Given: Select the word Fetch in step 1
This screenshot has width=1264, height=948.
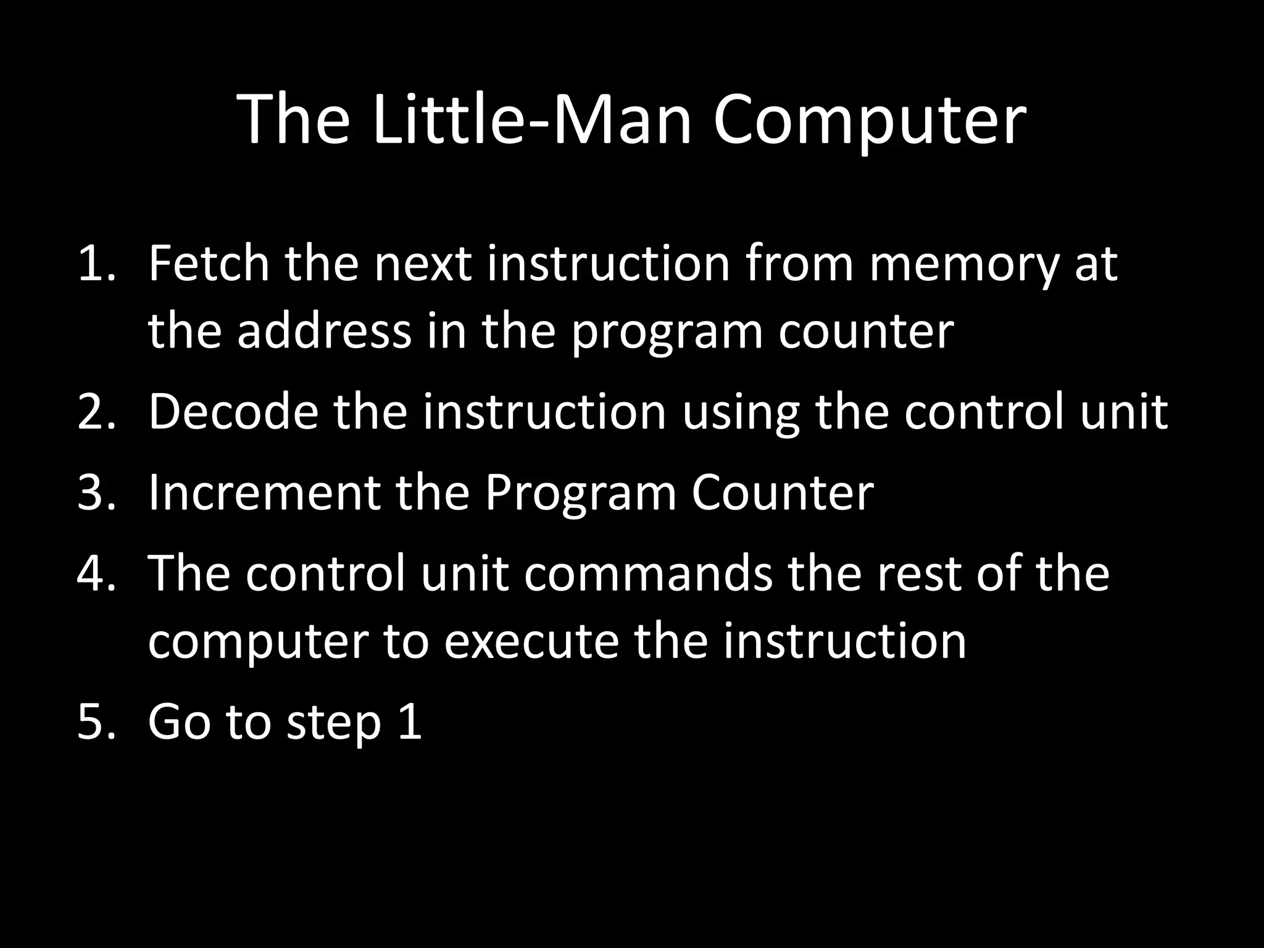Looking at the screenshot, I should [209, 264].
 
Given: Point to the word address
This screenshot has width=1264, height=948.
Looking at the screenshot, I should [324, 331].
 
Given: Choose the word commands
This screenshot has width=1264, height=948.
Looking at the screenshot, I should [649, 573].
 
